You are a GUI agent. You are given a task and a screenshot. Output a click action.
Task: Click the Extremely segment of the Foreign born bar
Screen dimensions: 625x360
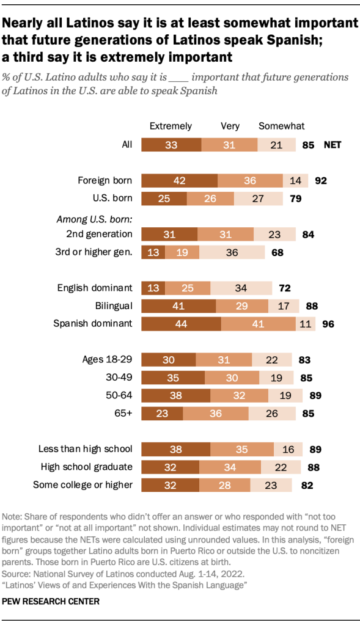(x=179, y=180)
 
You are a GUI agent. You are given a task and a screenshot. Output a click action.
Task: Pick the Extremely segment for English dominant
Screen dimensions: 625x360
(x=153, y=288)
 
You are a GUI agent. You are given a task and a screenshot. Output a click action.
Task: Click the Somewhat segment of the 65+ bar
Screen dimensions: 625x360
(x=270, y=414)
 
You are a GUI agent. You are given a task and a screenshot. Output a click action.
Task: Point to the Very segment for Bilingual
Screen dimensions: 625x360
(x=242, y=305)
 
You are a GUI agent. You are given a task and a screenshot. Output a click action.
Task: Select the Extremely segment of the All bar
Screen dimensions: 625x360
(x=171, y=145)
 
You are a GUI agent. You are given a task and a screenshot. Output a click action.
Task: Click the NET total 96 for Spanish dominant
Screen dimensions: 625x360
(x=328, y=324)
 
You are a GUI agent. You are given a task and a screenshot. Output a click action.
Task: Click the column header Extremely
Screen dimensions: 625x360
(x=171, y=126)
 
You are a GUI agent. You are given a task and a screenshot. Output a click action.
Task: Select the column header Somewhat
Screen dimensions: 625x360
(x=281, y=126)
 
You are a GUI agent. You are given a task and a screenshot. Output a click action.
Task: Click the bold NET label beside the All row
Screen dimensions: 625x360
(x=332, y=145)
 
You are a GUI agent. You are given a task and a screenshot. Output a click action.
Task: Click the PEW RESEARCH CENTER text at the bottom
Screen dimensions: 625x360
(x=51, y=601)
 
